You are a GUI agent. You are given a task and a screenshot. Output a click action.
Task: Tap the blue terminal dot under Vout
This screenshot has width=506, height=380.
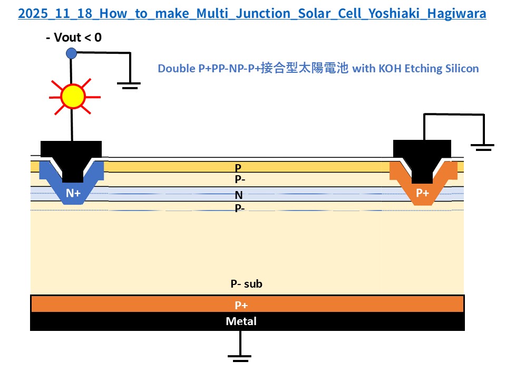71,53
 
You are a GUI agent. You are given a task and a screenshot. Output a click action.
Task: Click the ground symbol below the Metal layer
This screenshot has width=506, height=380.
240,358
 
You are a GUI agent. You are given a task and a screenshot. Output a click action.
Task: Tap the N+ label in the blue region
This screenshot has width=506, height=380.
73,193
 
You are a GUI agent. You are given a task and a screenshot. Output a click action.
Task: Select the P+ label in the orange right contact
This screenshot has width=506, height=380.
423,193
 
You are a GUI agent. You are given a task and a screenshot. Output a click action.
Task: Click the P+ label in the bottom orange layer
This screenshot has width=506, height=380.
241,305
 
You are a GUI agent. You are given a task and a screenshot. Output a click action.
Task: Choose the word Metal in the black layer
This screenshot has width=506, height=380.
241,321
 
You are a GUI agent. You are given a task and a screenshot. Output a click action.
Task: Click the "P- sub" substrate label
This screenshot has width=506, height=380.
246,284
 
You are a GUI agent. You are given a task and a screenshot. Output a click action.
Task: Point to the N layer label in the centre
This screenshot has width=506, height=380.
239,196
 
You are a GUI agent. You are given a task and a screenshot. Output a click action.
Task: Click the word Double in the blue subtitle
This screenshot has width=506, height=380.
175,69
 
